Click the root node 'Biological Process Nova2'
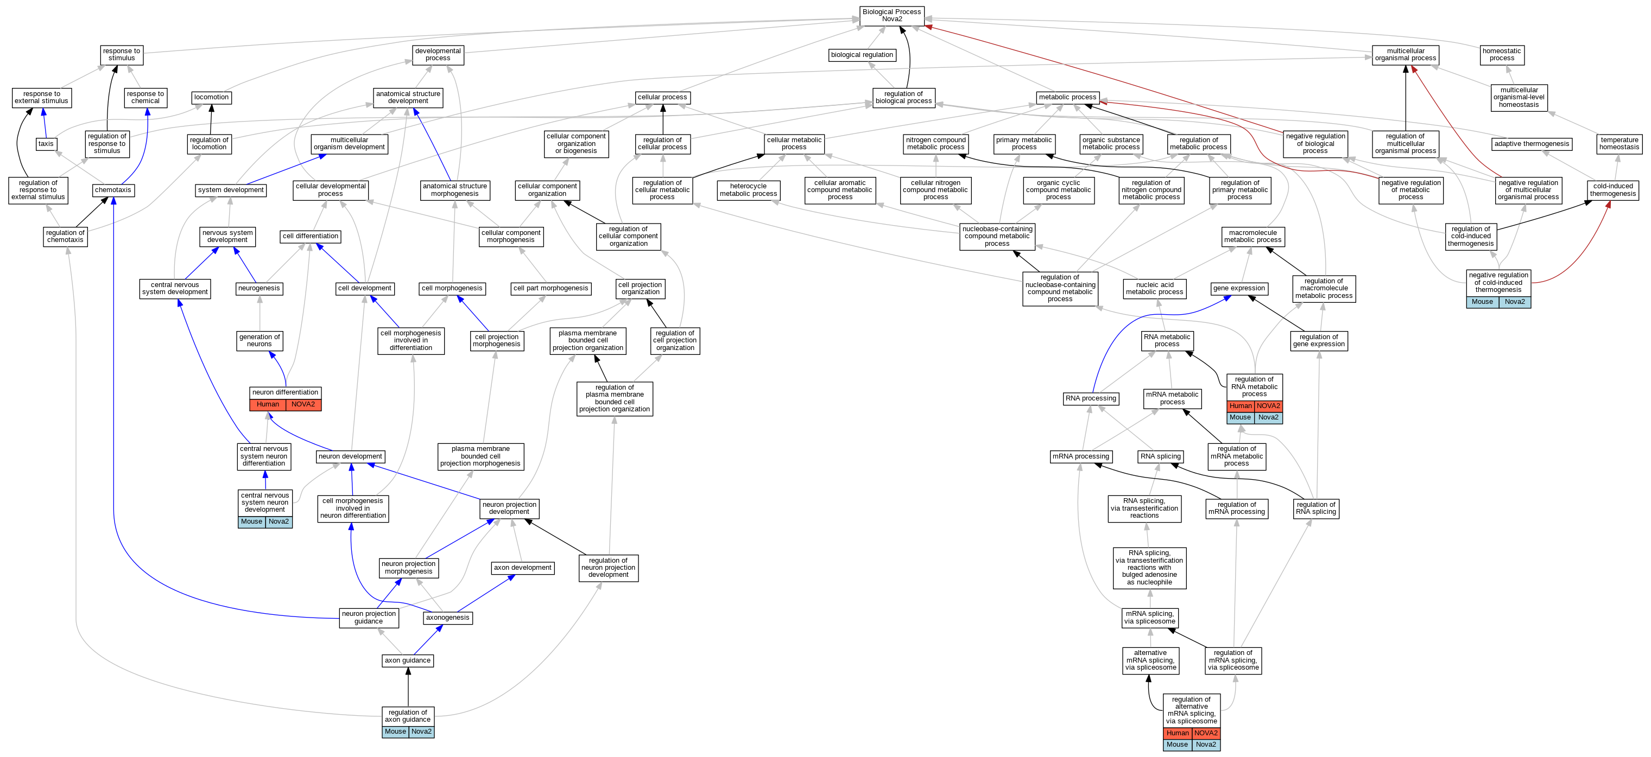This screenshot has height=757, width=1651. (891, 15)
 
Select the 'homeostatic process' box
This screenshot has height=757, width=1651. (1502, 54)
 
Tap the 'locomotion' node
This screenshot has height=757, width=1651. (211, 97)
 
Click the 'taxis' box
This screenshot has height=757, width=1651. (46, 143)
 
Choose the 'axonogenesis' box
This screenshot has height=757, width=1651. (447, 618)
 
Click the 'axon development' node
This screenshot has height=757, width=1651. (522, 568)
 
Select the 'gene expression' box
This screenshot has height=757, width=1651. (1239, 288)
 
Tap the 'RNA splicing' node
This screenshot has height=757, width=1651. (1161, 456)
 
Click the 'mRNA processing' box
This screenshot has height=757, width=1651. (1080, 456)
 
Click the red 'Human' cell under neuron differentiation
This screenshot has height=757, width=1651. (268, 404)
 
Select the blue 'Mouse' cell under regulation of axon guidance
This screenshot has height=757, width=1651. (395, 731)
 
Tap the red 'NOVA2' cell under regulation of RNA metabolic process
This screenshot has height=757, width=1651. (1268, 405)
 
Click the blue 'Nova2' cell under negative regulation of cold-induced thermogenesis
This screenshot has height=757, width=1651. (1515, 302)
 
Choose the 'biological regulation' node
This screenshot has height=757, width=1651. (862, 54)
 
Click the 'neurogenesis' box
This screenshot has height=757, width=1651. (259, 288)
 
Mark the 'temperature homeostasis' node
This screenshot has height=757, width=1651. (1619, 143)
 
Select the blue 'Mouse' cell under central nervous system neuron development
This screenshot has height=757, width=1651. (251, 521)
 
